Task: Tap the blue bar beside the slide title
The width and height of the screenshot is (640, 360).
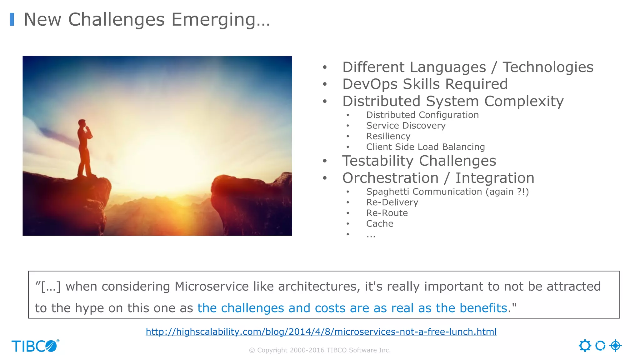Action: (x=12, y=19)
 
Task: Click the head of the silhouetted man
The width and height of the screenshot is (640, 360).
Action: (x=82, y=122)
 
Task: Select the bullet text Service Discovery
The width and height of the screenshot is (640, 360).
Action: (x=406, y=126)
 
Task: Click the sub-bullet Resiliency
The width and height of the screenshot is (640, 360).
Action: (x=388, y=136)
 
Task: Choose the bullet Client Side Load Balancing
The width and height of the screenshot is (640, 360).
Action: (x=425, y=147)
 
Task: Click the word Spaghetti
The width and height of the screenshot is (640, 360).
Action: (x=389, y=192)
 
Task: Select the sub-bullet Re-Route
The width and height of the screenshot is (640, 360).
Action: (x=387, y=213)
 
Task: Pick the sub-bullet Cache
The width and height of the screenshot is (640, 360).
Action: (x=379, y=224)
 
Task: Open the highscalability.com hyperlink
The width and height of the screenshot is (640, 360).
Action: (x=321, y=332)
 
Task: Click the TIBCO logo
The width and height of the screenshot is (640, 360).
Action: (x=35, y=346)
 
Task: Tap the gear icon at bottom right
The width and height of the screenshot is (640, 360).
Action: (x=585, y=346)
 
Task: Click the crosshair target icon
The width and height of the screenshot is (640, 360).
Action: (x=615, y=346)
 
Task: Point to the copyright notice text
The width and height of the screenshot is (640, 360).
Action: (x=320, y=350)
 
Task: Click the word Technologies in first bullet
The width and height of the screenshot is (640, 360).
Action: (x=547, y=67)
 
